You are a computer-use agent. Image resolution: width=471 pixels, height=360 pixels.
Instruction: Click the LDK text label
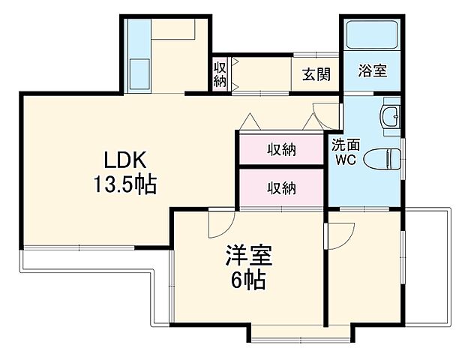tap(124, 160)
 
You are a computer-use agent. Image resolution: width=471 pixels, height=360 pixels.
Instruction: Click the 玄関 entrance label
tap(316, 74)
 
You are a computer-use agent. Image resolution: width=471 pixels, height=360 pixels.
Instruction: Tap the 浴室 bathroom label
tap(372, 72)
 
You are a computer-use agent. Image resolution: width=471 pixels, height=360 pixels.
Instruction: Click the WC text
tap(346, 160)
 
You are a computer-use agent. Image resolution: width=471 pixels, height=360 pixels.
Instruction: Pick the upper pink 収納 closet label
tap(282, 150)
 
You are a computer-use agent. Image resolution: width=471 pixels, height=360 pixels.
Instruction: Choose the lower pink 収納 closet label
tap(282, 187)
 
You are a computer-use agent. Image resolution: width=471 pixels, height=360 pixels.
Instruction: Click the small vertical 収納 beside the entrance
tap(220, 74)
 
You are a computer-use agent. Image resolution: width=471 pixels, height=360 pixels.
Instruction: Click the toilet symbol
tap(384, 159)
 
